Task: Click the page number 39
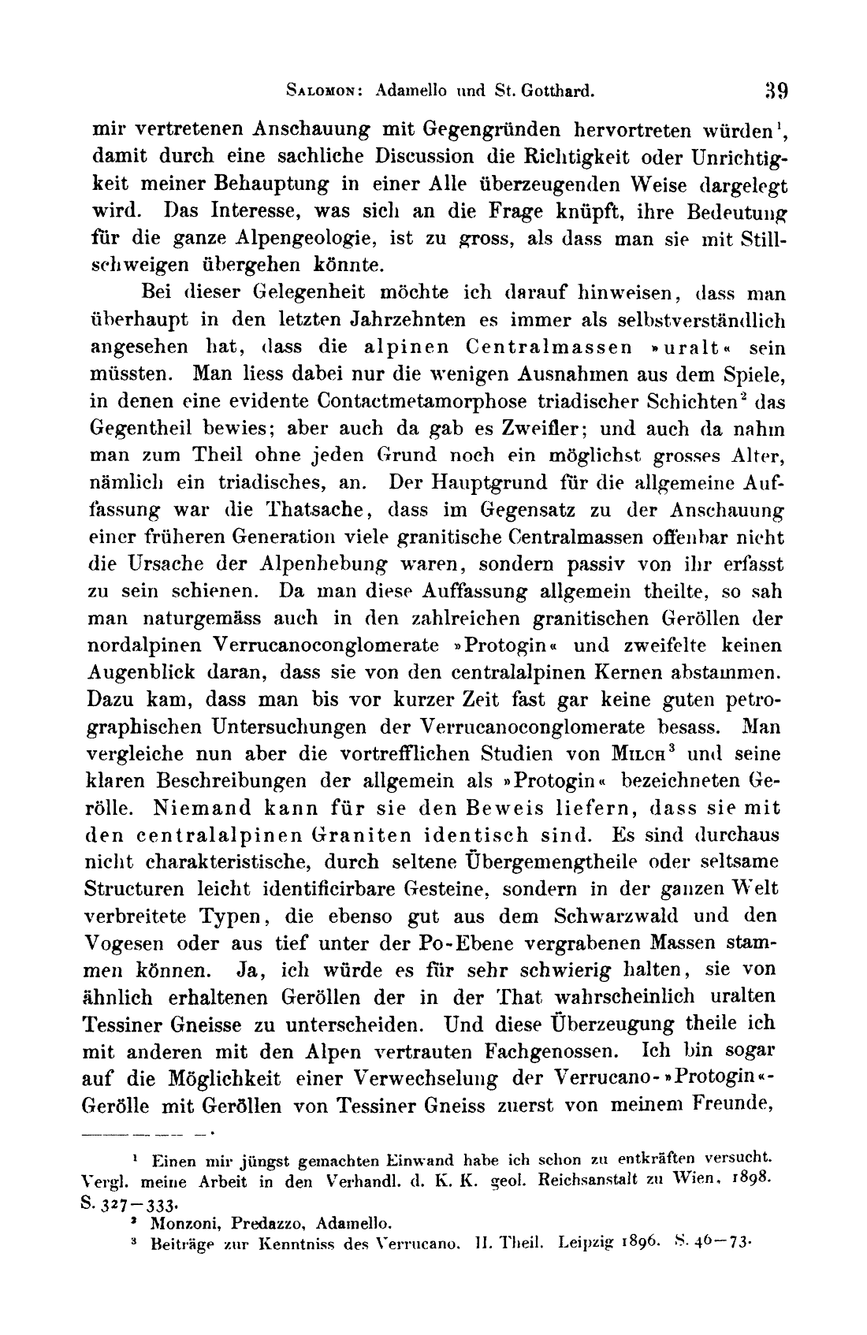coord(776,89)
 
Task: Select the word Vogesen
coord(124,943)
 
